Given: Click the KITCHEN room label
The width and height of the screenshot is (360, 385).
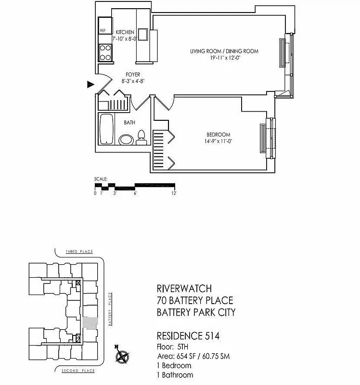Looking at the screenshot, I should (x=125, y=32).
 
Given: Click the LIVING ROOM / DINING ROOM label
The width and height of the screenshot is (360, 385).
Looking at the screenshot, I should (x=224, y=51).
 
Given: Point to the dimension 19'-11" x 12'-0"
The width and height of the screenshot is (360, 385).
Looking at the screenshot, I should (x=224, y=58).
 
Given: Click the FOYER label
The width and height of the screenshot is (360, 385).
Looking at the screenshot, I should (x=133, y=75).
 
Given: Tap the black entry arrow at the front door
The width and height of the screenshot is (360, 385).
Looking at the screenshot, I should (x=90, y=85).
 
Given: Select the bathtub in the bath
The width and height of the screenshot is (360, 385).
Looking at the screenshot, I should (x=106, y=128).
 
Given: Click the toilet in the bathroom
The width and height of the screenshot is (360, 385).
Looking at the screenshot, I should (x=141, y=138).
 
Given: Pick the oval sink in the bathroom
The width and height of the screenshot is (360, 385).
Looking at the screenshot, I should (x=125, y=140).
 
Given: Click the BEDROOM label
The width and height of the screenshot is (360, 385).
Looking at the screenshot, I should (x=219, y=135).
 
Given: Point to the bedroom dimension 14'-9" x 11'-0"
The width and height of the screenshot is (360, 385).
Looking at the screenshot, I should (x=219, y=141).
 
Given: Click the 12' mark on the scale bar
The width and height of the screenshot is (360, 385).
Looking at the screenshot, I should (x=173, y=193).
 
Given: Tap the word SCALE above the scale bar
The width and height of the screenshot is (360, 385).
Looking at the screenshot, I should (x=101, y=179).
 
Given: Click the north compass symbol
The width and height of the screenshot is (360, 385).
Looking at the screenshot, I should (x=122, y=357).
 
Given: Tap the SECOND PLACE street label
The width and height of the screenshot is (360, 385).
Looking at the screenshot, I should (x=78, y=371).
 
